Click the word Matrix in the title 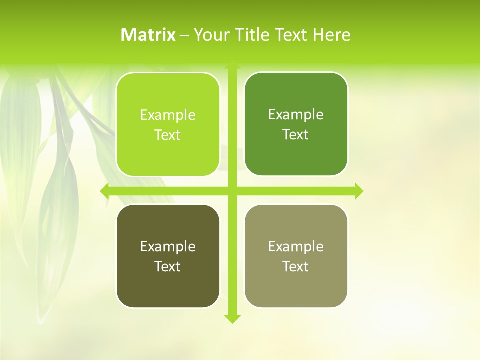148,35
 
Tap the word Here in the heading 331,35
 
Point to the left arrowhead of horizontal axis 105,191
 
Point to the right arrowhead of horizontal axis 359,191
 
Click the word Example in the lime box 168,115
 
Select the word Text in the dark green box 296,135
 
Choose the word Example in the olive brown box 168,246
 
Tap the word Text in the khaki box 296,266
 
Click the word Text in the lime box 168,135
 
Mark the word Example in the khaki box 296,246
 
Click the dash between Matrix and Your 184,35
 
